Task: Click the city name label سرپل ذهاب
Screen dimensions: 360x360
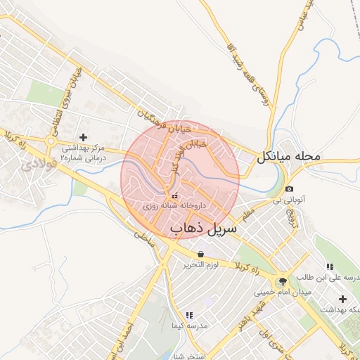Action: (x=204, y=229)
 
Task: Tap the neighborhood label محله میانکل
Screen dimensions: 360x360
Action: (x=288, y=155)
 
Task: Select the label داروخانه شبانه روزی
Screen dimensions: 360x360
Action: (x=174, y=207)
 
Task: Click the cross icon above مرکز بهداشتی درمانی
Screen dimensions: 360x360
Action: (x=84, y=136)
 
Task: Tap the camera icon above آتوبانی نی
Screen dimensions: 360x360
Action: (x=290, y=189)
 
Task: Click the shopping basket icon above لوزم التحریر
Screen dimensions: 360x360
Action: (x=202, y=254)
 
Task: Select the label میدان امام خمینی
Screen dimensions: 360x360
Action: (x=284, y=291)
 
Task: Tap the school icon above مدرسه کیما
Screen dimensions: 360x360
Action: (x=188, y=315)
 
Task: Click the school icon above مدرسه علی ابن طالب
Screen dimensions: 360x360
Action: (x=328, y=266)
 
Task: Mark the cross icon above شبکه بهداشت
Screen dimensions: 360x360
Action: (x=342, y=299)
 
